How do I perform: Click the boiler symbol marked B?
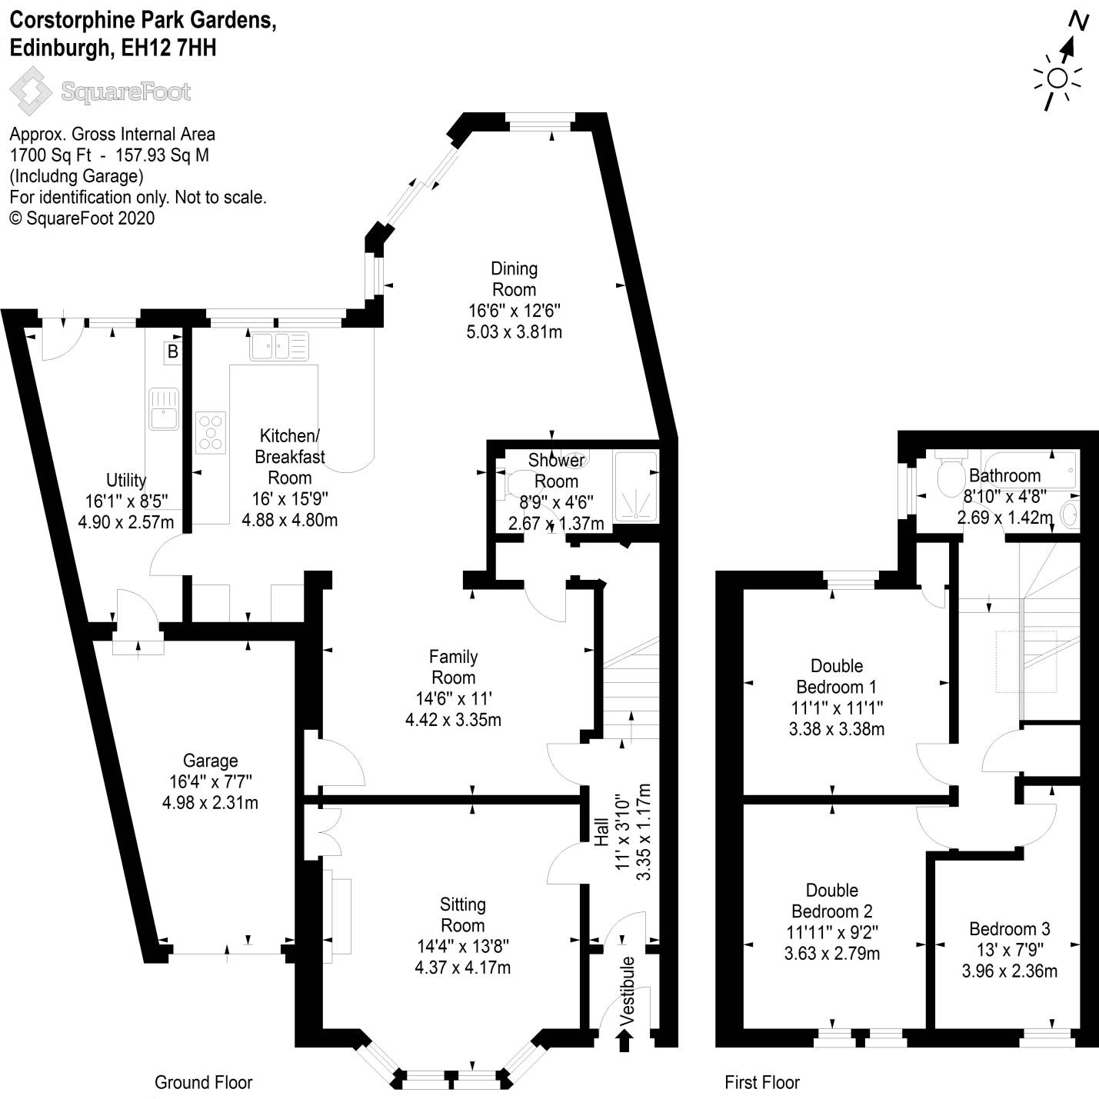point(173,351)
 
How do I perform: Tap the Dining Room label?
point(514,279)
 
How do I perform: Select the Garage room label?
point(210,761)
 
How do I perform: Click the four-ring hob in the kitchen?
point(211,432)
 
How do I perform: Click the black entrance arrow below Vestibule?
point(624,1041)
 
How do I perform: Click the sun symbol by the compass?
point(1057,78)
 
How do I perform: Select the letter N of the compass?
point(1079,21)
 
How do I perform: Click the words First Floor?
point(762,1083)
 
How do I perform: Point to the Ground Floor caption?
point(203,1083)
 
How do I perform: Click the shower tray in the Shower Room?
point(635,486)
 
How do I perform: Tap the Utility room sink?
point(163,408)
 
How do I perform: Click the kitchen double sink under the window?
point(278,346)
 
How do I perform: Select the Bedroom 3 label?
point(1009,929)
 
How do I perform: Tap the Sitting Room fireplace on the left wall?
point(338,915)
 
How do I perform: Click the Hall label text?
point(601,832)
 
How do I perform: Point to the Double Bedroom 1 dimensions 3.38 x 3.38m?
point(837,728)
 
